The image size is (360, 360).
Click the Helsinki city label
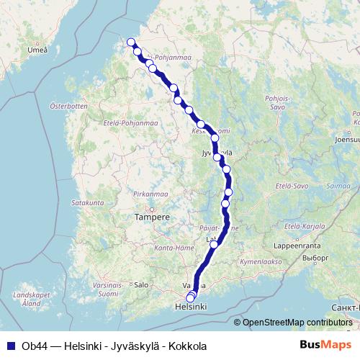191,307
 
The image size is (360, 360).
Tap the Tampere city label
152,217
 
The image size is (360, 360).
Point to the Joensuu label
346,140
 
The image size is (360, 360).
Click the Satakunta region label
89,203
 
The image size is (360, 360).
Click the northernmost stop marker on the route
131,42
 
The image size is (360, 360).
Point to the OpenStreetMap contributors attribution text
295,323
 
